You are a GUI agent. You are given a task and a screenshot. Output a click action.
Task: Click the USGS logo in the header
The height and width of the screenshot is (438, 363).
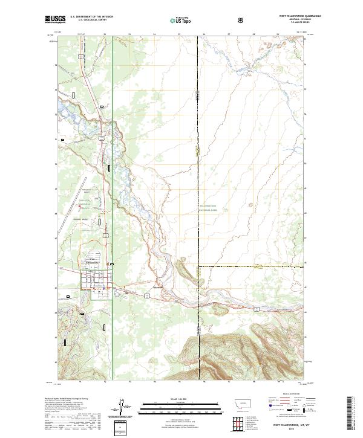tap(55, 19)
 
